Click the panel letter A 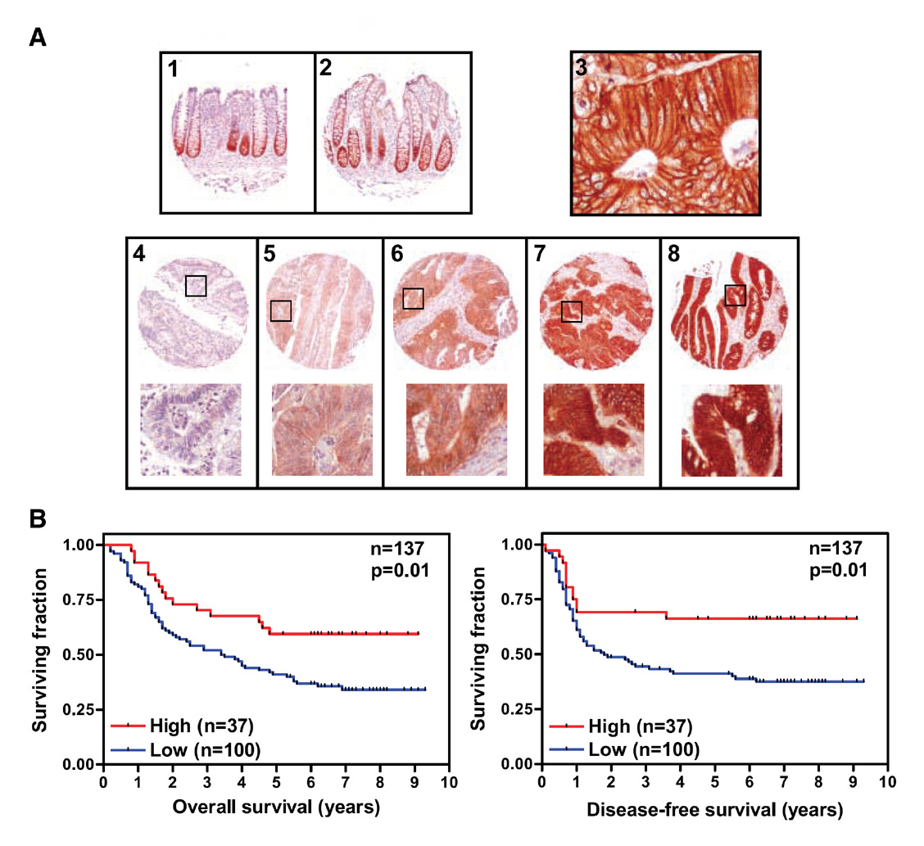coord(37,38)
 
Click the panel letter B coord(37,519)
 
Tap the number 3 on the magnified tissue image coord(582,68)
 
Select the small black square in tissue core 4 coord(196,285)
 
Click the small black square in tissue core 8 coord(736,295)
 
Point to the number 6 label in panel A coord(399,254)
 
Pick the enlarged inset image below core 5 coord(322,429)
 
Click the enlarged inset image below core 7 coord(593,429)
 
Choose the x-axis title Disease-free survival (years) coord(713,810)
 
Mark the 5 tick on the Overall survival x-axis coord(276,781)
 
